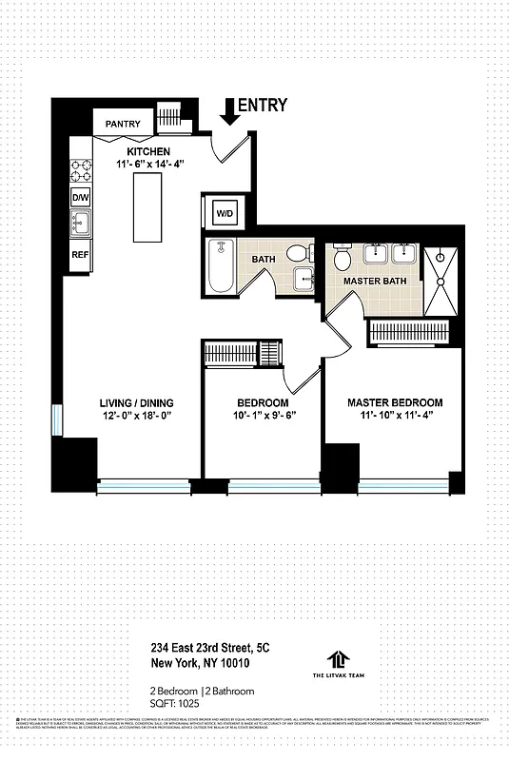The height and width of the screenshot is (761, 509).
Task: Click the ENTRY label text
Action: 262,106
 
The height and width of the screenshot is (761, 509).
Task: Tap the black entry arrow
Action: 228,111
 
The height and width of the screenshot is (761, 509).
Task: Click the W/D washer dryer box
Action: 225,212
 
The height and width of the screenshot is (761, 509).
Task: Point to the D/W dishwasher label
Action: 81,197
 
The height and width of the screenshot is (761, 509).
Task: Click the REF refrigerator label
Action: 81,255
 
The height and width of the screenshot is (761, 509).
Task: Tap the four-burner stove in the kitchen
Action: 81,171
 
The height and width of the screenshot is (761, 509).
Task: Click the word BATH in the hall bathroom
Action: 264,259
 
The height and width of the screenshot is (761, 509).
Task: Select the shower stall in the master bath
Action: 440,280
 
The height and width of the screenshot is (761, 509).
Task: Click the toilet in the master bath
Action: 343,256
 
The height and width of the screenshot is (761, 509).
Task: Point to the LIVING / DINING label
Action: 136,402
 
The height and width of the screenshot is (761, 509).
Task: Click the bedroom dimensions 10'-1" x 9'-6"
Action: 262,416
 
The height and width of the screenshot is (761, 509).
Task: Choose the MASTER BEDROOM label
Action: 394,402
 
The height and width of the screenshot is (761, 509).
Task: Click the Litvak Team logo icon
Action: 337,658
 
